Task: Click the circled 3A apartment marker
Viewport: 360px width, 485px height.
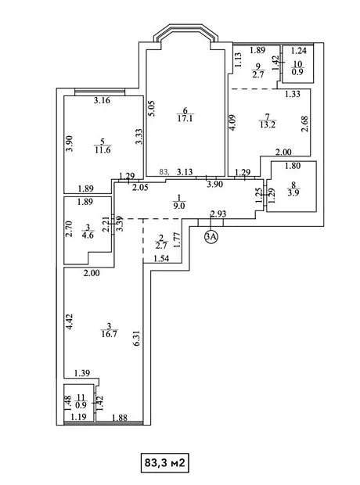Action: pyautogui.click(x=211, y=236)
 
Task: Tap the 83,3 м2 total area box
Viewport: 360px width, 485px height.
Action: pyautogui.click(x=164, y=463)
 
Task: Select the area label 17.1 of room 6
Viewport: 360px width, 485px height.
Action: pyautogui.click(x=185, y=118)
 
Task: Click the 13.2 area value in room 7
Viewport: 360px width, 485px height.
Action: pyautogui.click(x=268, y=124)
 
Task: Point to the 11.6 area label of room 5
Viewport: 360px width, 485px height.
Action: pyautogui.click(x=103, y=149)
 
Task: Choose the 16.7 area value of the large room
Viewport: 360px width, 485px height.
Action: pyautogui.click(x=109, y=334)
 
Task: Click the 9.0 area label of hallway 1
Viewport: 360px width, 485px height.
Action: pyautogui.click(x=179, y=206)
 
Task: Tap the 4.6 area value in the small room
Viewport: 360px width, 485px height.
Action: pyautogui.click(x=88, y=235)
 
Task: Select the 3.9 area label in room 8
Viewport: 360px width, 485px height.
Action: pyautogui.click(x=293, y=192)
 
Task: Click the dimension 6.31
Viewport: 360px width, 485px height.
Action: pyautogui.click(x=137, y=338)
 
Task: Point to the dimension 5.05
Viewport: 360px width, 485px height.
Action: pyautogui.click(x=152, y=108)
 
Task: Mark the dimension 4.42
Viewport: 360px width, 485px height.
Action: pyautogui.click(x=70, y=322)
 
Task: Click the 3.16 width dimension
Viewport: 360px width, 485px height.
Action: pyautogui.click(x=103, y=100)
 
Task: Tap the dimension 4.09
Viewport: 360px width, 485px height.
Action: pyautogui.click(x=233, y=123)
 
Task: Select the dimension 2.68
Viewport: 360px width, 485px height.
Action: pyautogui.click(x=305, y=124)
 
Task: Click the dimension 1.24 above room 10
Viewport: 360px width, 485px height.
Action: pyautogui.click(x=299, y=50)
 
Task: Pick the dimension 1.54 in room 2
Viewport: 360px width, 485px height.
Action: pyautogui.click(x=161, y=258)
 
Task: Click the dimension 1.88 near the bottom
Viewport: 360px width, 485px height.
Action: pyautogui.click(x=120, y=418)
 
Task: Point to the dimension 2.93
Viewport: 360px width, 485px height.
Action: pyautogui.click(x=218, y=214)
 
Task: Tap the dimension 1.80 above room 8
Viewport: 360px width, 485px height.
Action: pyautogui.click(x=293, y=166)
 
